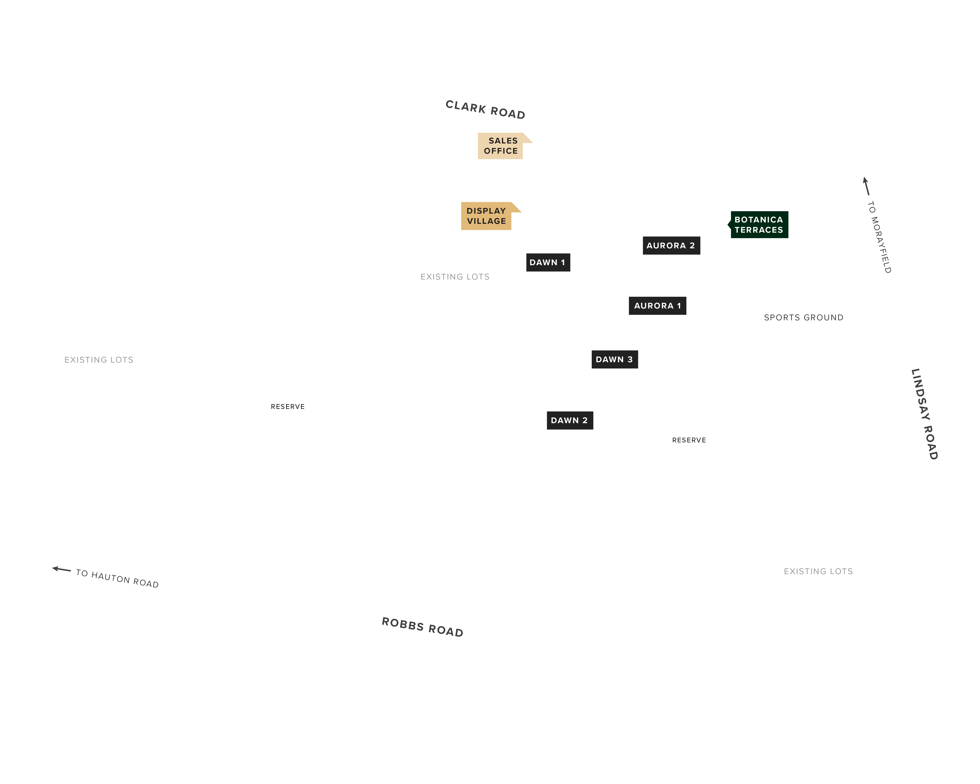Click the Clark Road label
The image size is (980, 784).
(485, 110)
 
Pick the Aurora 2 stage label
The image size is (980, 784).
(671, 245)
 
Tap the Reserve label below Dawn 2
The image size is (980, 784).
(689, 440)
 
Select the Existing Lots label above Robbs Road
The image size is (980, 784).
(818, 571)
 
